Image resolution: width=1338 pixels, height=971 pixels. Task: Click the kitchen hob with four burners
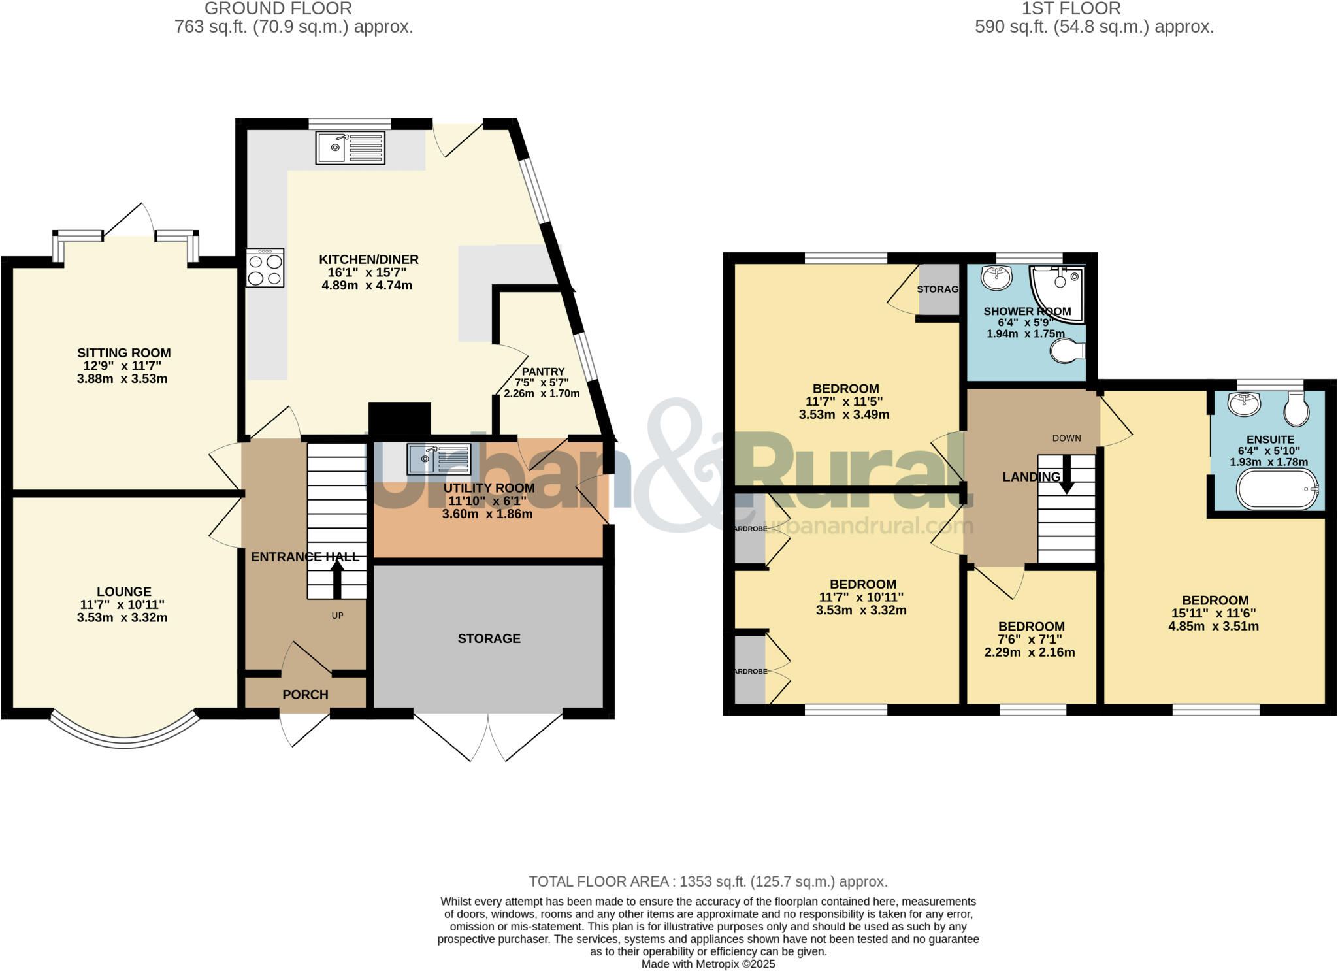point(265,268)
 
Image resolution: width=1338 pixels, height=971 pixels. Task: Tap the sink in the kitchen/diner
point(350,148)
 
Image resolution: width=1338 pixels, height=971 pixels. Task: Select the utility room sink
point(438,459)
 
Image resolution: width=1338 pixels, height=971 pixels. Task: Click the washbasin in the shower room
point(996,278)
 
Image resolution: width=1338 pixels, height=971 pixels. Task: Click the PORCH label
point(305,695)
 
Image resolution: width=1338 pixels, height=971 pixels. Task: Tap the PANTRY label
point(543,372)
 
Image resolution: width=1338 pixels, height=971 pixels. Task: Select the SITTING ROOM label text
point(124,353)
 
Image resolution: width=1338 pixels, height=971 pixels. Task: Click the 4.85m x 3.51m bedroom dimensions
point(1214,626)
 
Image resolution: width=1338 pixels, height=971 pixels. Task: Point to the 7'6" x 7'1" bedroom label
point(1031,639)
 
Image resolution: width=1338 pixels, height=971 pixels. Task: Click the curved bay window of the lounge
point(124,739)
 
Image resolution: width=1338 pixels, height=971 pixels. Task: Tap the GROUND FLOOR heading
point(278,8)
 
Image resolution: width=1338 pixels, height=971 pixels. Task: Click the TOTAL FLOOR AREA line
point(708,881)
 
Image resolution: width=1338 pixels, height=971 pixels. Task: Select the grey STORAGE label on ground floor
point(489,638)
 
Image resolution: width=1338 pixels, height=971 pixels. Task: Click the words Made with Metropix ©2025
point(708,964)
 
